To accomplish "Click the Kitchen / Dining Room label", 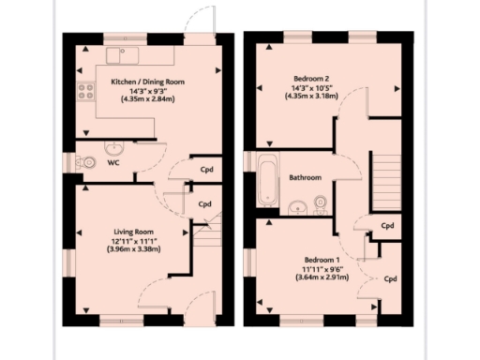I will tap(147, 82).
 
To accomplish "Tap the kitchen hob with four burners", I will tap(85, 92).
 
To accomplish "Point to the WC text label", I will tap(112, 163).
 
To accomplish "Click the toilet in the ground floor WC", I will tap(87, 162).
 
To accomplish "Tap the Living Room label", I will tap(134, 231).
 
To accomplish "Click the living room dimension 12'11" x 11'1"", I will tap(134, 240).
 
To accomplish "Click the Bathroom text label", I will tap(306, 178).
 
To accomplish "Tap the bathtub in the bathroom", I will tap(266, 183).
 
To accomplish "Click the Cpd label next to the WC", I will tap(206, 170).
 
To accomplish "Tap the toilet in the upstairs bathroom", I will tap(321, 204).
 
